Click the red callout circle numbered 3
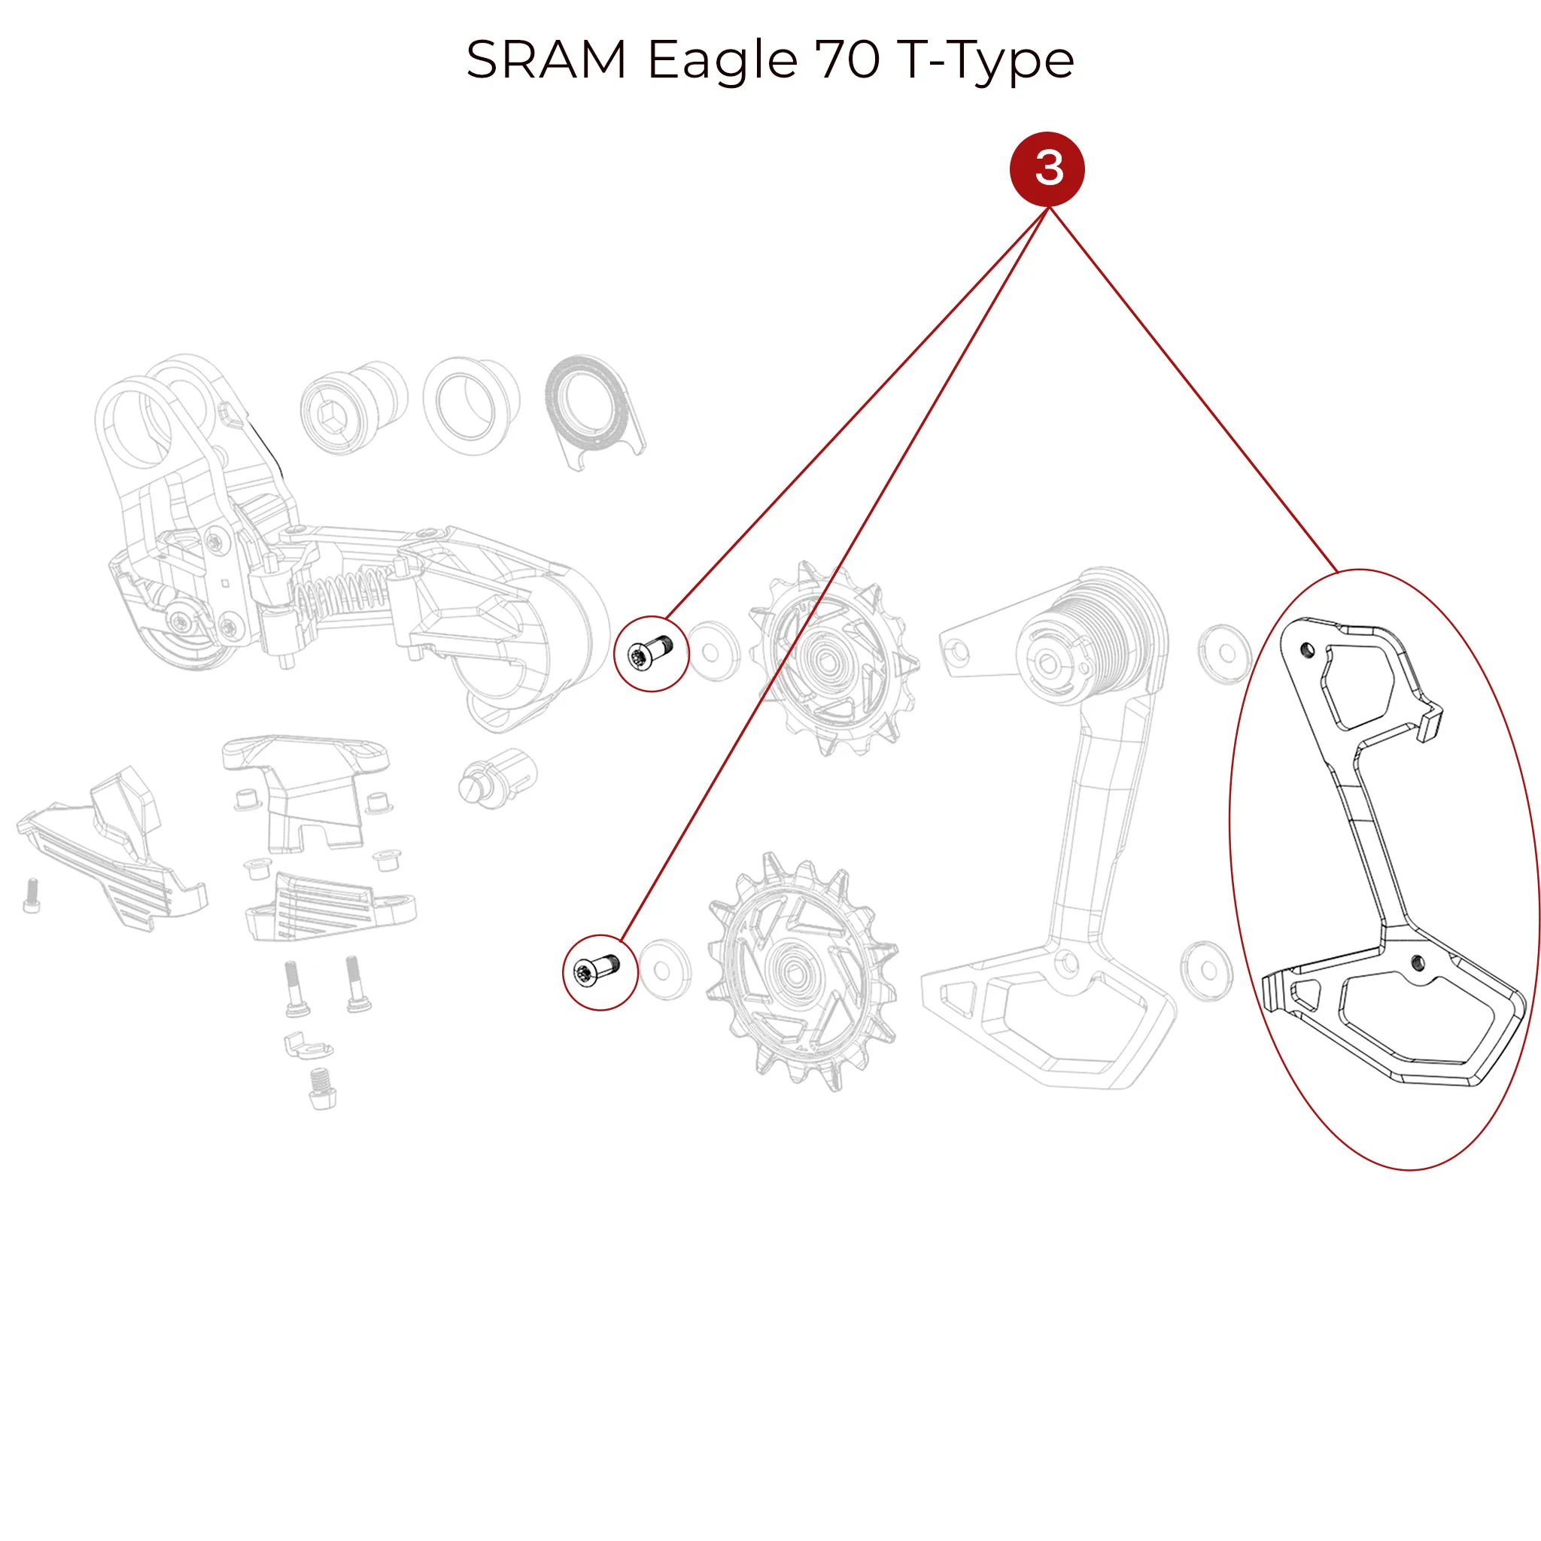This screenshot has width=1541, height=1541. (x=1047, y=169)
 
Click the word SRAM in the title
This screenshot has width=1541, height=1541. (x=546, y=60)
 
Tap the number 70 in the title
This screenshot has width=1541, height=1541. (x=848, y=60)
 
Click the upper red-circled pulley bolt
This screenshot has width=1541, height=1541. (x=651, y=653)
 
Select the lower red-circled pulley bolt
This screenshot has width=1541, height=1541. (x=600, y=972)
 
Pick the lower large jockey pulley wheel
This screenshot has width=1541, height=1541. (x=801, y=971)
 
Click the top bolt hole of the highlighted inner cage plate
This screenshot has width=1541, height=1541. (x=1306, y=649)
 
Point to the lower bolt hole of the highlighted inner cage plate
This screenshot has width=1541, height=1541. (x=1418, y=962)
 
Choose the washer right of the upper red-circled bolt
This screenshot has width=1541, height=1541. (x=713, y=652)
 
